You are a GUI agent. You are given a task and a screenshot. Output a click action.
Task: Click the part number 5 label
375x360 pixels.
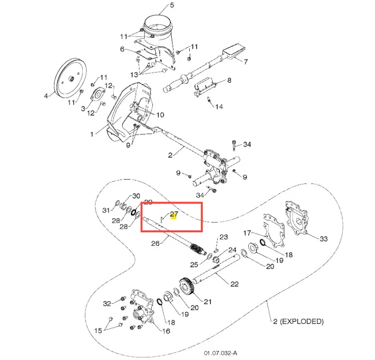[x=172, y=5]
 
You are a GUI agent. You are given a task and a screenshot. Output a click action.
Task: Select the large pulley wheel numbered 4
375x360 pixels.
[x=70, y=77]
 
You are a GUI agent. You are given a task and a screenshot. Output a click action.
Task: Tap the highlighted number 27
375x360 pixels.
[x=174, y=214]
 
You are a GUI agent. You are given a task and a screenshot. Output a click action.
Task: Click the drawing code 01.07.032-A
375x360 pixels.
[x=220, y=353]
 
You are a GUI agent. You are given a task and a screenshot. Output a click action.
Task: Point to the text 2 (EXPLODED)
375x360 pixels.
[x=298, y=321]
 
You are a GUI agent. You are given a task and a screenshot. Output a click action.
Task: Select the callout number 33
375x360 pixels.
[x=324, y=238]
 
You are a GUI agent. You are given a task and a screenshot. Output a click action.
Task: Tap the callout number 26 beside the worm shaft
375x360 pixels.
[x=155, y=243]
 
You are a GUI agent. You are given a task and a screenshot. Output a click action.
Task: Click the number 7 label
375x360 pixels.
[x=246, y=62]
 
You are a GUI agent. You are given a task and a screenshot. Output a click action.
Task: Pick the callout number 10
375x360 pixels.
[x=160, y=115]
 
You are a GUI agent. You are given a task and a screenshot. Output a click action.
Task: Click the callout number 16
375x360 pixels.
[x=166, y=331]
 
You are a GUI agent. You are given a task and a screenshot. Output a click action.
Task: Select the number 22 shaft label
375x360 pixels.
[x=234, y=284]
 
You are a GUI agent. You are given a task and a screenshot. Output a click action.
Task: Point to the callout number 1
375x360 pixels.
[x=92, y=134]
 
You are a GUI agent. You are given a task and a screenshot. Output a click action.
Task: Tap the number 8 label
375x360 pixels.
[x=229, y=80]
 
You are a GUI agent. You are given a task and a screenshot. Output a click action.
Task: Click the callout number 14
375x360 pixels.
[x=219, y=107]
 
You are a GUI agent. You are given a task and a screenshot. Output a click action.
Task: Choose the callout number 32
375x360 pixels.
[x=107, y=303]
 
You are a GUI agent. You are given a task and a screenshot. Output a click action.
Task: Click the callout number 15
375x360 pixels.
[x=98, y=331]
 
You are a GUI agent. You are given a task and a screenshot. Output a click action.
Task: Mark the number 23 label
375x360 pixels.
[x=223, y=237]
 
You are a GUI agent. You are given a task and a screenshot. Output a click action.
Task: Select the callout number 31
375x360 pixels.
[x=106, y=211]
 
